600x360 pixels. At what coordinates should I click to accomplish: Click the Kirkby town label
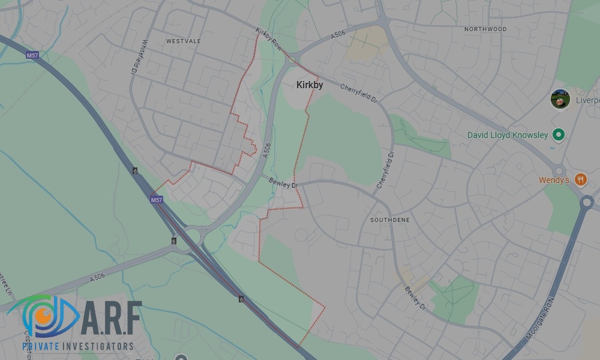pos(310,85)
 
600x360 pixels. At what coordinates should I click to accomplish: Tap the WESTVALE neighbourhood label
pos(184,41)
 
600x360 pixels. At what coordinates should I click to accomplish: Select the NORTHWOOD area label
pos(485,29)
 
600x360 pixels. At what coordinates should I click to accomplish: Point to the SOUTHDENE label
pos(390,220)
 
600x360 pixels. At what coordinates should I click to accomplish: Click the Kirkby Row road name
pos(268,38)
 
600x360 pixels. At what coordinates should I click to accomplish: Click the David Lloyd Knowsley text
pos(508,135)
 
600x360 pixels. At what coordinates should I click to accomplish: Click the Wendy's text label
pos(553,180)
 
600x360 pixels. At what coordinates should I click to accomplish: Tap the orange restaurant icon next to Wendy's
pos(580,179)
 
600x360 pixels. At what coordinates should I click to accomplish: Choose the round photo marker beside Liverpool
pos(560,99)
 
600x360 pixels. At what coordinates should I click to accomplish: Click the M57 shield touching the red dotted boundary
pos(157,200)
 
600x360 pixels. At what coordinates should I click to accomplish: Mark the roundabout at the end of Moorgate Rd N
pos(587,202)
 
